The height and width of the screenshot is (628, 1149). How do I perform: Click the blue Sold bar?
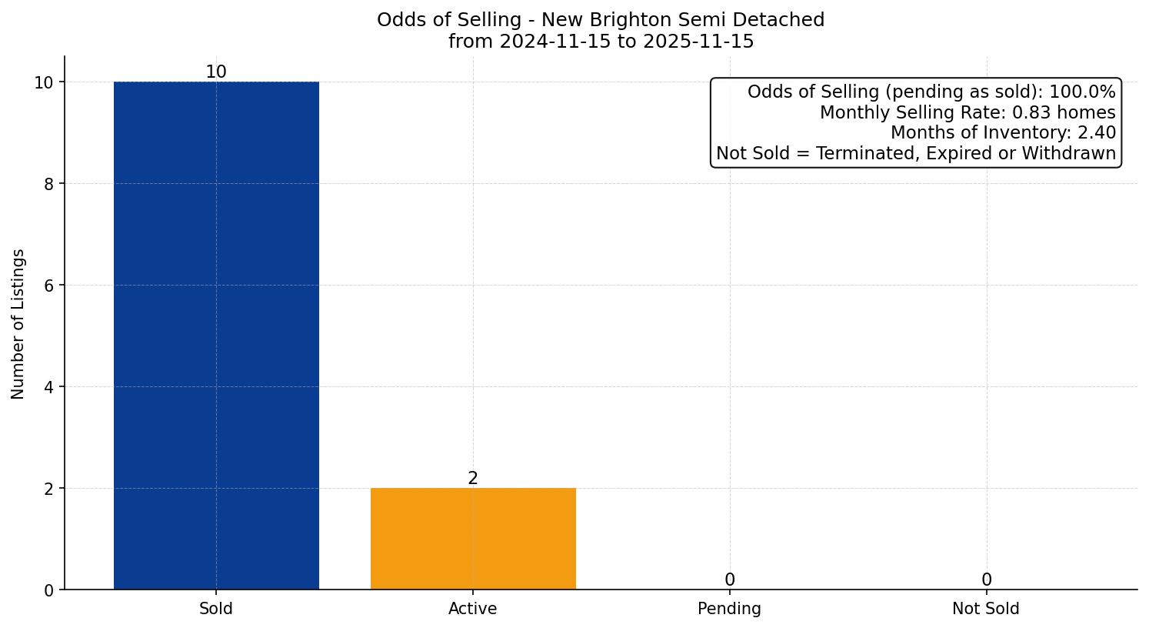[216, 336]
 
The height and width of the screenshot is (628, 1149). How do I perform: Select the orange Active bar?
[473, 539]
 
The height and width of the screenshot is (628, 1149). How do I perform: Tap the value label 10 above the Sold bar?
[216, 72]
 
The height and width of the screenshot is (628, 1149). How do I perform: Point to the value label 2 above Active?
[473, 479]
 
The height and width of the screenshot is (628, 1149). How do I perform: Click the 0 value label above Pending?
[730, 580]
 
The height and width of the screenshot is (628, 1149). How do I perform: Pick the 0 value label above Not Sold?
[986, 580]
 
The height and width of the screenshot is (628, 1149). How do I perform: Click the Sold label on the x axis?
[216, 609]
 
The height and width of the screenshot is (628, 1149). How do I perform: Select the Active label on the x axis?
[473, 609]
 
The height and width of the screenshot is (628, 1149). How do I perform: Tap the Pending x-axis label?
[730, 609]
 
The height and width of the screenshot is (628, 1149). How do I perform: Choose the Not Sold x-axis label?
[986, 609]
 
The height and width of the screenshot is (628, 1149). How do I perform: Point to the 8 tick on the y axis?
[48, 184]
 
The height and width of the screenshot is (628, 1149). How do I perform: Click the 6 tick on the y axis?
[48, 286]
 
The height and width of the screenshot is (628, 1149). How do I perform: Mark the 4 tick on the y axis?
[48, 387]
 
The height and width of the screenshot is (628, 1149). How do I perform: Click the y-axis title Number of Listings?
[18, 324]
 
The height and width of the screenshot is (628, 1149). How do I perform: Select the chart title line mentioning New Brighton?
[601, 20]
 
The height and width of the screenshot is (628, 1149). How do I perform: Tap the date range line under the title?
[601, 42]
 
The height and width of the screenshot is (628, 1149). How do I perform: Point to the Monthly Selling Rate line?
[967, 112]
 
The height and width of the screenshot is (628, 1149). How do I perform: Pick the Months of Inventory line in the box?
[1003, 133]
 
